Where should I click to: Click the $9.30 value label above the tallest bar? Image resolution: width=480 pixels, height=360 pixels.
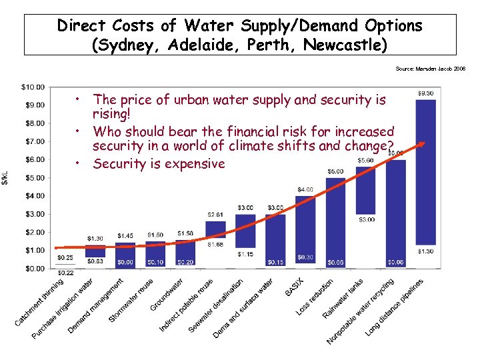[x=426, y=93]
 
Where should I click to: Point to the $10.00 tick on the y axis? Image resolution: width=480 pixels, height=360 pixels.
[x=33, y=87]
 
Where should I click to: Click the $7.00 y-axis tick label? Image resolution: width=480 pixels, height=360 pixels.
[x=34, y=141]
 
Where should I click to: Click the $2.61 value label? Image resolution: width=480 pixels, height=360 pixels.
[x=215, y=215]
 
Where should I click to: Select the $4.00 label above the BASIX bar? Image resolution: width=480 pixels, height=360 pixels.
[x=305, y=189]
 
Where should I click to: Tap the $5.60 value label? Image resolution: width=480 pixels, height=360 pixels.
[x=365, y=160]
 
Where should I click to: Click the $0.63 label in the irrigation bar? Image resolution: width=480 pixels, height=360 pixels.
[x=95, y=261]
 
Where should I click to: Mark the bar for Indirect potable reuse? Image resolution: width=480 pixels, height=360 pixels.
[x=215, y=229]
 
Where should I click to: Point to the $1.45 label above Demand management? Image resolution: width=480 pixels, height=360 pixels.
[x=125, y=236]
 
